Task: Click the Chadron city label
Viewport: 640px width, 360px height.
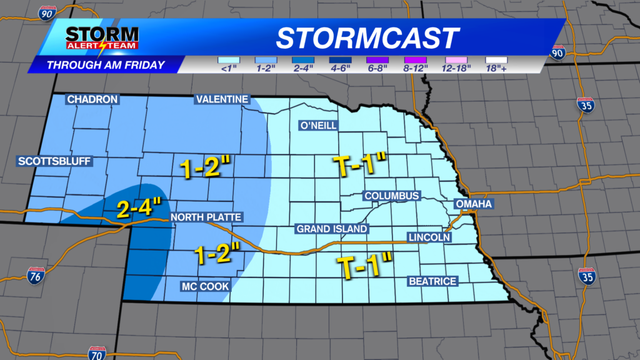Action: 92,99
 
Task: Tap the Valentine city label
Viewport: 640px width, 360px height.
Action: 222,99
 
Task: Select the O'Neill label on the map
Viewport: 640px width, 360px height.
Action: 318,126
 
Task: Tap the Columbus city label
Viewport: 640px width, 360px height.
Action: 391,196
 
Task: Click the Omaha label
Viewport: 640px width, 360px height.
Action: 474,204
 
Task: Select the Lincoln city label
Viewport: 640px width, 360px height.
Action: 429,237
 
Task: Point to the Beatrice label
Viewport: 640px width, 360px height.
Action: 432,281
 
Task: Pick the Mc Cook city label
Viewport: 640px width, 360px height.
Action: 205,286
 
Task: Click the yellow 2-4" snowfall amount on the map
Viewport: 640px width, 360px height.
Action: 138,206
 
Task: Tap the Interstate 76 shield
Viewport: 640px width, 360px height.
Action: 36,275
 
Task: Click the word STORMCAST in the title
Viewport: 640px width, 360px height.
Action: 367,38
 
